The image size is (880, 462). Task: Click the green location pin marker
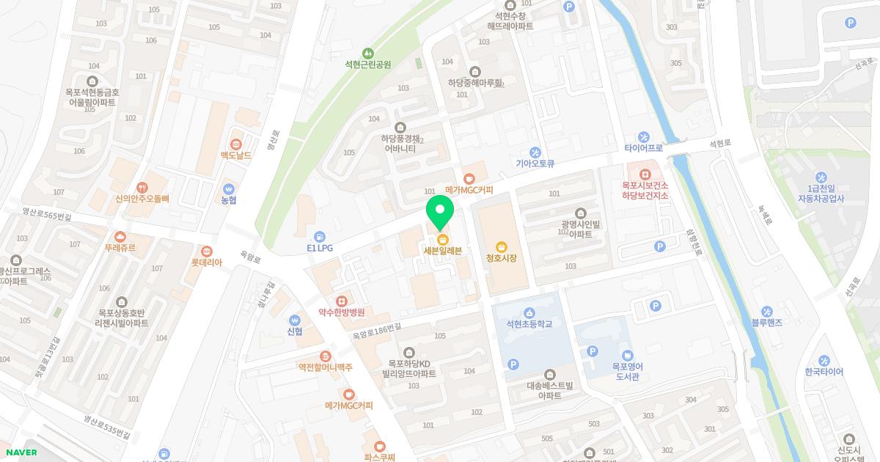click(440, 213)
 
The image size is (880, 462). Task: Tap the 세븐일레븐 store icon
click(442, 239)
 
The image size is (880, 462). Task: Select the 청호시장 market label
click(502, 258)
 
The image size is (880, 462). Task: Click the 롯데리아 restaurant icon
click(207, 252)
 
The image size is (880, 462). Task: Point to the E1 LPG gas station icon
click(320, 237)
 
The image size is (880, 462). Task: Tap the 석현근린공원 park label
click(368, 65)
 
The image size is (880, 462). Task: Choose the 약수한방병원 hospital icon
click(342, 301)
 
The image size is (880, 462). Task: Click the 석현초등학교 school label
click(529, 323)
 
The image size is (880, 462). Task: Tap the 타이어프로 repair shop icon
click(644, 136)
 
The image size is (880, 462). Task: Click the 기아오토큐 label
click(535, 164)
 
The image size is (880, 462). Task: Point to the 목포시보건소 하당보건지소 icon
click(645, 174)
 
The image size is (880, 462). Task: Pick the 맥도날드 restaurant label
click(236, 155)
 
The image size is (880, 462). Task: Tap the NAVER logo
click(21, 452)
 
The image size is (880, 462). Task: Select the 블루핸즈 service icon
click(767, 312)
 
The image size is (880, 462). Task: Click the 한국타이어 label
click(824, 372)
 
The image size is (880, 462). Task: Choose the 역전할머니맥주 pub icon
click(325, 356)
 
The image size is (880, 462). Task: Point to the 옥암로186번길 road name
click(377, 331)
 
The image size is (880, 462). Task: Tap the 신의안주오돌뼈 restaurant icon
click(142, 186)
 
